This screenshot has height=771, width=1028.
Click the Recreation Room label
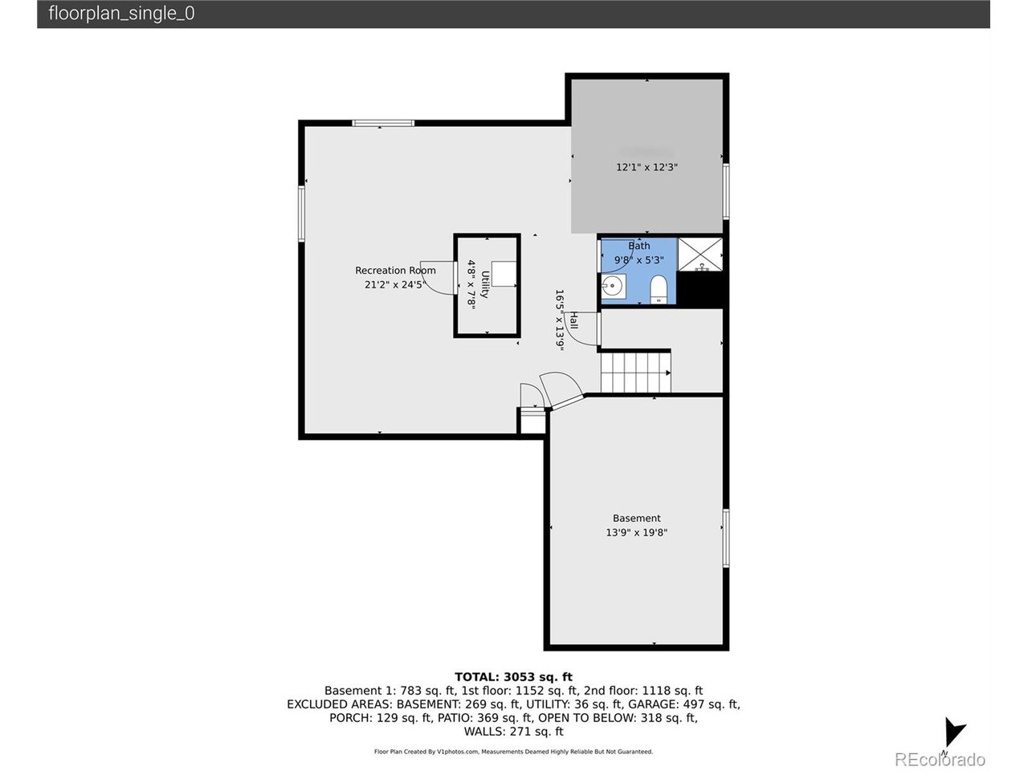395,271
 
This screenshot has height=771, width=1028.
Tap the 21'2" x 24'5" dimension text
393,284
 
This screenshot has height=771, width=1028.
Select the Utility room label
485,284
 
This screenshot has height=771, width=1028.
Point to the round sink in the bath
614,285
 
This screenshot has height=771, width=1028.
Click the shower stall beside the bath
700,254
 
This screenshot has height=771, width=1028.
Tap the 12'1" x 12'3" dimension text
647,168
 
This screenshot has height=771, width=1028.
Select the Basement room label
636,519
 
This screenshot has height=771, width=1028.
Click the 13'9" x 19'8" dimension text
636,532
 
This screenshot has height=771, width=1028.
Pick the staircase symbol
634,373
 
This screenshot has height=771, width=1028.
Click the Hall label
573,320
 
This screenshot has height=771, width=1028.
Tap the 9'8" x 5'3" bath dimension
638,260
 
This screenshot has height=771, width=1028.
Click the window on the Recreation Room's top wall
383,123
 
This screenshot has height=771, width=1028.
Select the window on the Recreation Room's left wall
302,214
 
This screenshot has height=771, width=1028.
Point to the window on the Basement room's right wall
725,538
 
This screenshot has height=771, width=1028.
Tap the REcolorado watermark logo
939,759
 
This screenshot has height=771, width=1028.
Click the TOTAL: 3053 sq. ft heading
513,677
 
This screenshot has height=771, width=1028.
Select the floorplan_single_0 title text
121,14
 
